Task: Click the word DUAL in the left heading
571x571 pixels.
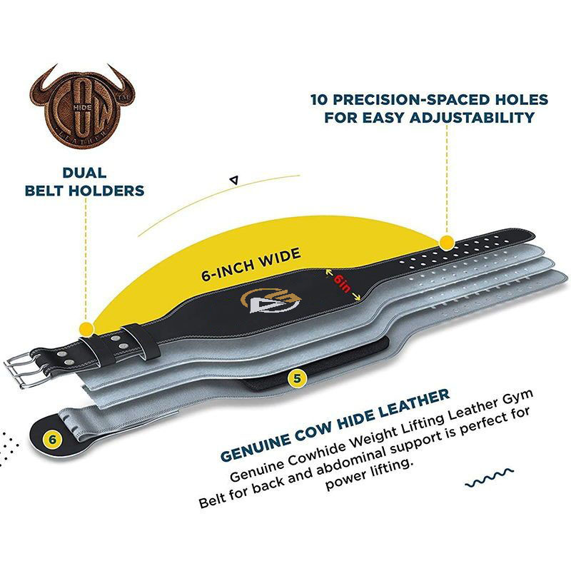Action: [x=84, y=173]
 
